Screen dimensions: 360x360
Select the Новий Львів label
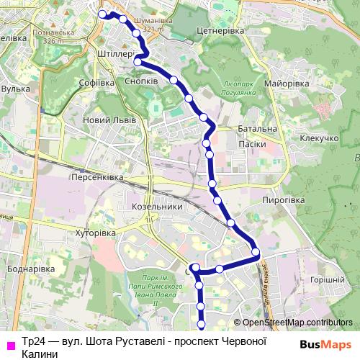[x=106, y=120]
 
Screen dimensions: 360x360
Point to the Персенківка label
[x=97, y=176]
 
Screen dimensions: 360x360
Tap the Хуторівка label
[x=96, y=233]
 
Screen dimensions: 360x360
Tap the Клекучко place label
[x=320, y=137]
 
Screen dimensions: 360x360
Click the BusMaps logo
[x=326, y=344]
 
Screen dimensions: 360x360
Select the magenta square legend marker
[x=10, y=345]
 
